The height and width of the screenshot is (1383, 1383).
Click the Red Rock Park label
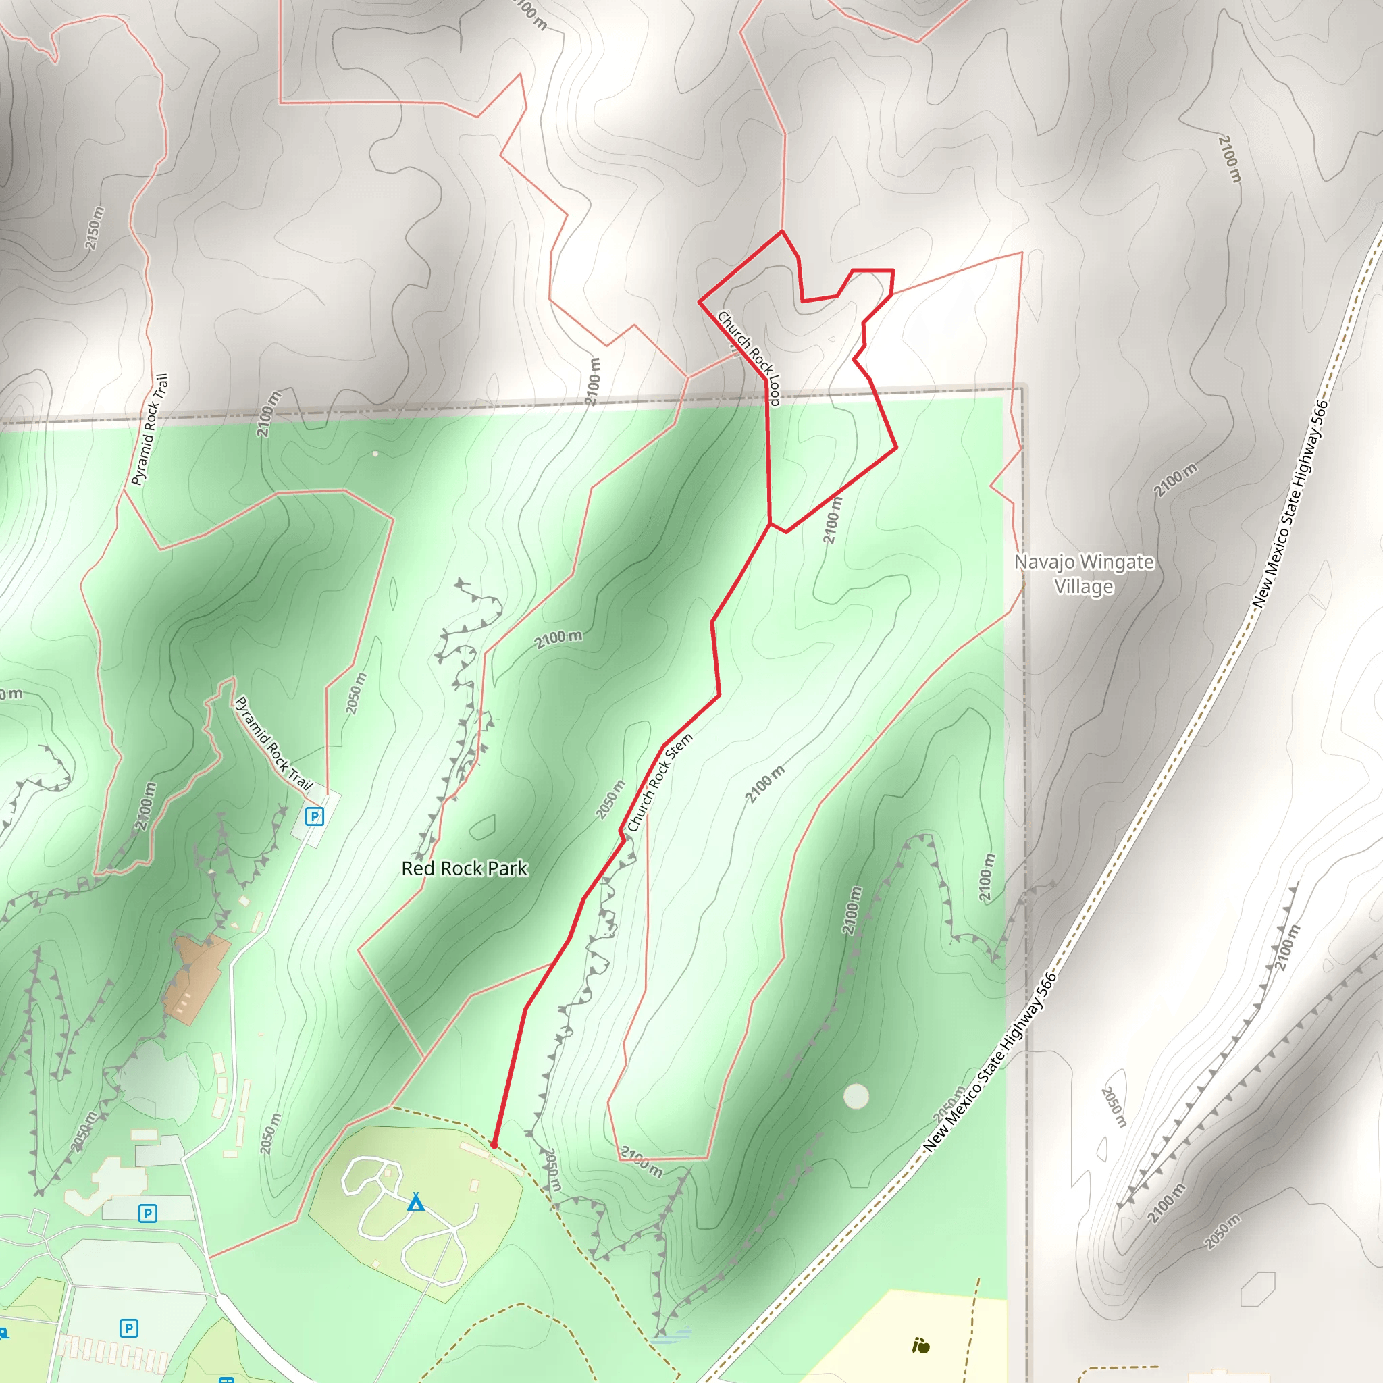click(464, 868)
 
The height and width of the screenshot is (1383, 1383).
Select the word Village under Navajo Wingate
click(1084, 587)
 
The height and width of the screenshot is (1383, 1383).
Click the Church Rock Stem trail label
click(660, 783)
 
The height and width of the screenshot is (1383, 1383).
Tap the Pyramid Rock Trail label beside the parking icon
click(273, 743)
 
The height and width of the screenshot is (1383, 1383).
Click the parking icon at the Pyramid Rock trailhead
click(314, 816)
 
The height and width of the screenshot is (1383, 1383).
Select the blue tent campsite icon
click(416, 1202)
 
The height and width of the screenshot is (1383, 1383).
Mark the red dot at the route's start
click(493, 1145)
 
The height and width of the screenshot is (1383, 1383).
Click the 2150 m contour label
click(95, 228)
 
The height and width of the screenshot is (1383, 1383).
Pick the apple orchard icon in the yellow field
click(920, 1346)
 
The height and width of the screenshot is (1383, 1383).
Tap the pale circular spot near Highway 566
click(856, 1096)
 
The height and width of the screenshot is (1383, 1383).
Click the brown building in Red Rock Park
click(194, 974)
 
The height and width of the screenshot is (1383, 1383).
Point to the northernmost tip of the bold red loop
click(782, 231)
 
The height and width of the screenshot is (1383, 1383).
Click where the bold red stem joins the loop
click(770, 524)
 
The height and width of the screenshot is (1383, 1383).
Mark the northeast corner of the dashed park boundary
click(1022, 387)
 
